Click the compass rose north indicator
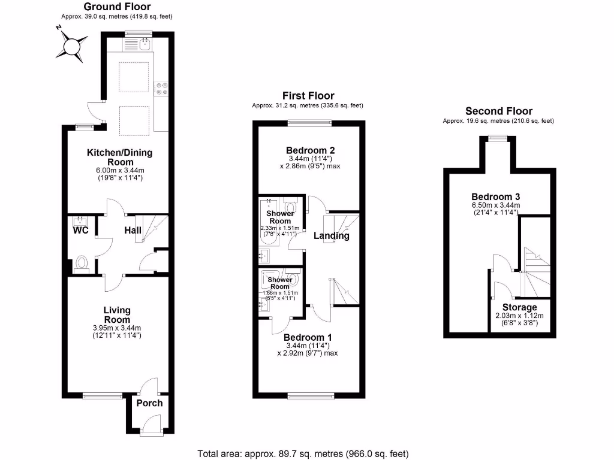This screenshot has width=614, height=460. coord(59,28)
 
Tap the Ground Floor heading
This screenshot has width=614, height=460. coord(117,7)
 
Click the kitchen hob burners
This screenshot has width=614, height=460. coord(161,89)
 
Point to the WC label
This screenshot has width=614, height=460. coord(81,230)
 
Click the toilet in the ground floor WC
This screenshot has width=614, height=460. coord(82,263)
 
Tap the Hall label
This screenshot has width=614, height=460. coord(133,231)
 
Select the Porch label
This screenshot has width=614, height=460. coord(149,403)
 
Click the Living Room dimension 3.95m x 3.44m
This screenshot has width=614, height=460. coord(117,328)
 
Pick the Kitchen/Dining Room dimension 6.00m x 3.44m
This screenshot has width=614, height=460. coord(120,171)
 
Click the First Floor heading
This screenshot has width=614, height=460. coord(308,96)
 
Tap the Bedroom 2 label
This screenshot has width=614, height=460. coord(310,150)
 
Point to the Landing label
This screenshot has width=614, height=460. coord(331,235)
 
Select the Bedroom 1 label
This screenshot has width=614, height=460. coord(308,337)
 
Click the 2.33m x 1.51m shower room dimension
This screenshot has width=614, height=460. coord(280,228)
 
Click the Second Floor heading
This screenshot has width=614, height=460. coord(499,111)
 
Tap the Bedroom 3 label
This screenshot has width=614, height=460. coord(496,196)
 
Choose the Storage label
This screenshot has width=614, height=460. coord(520,307)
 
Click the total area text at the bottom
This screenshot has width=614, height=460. coord(303,454)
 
